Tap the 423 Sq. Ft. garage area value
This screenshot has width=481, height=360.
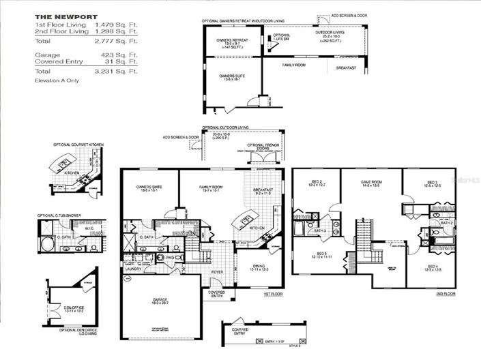point(122,54)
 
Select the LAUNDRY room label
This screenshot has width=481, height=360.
point(132,268)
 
